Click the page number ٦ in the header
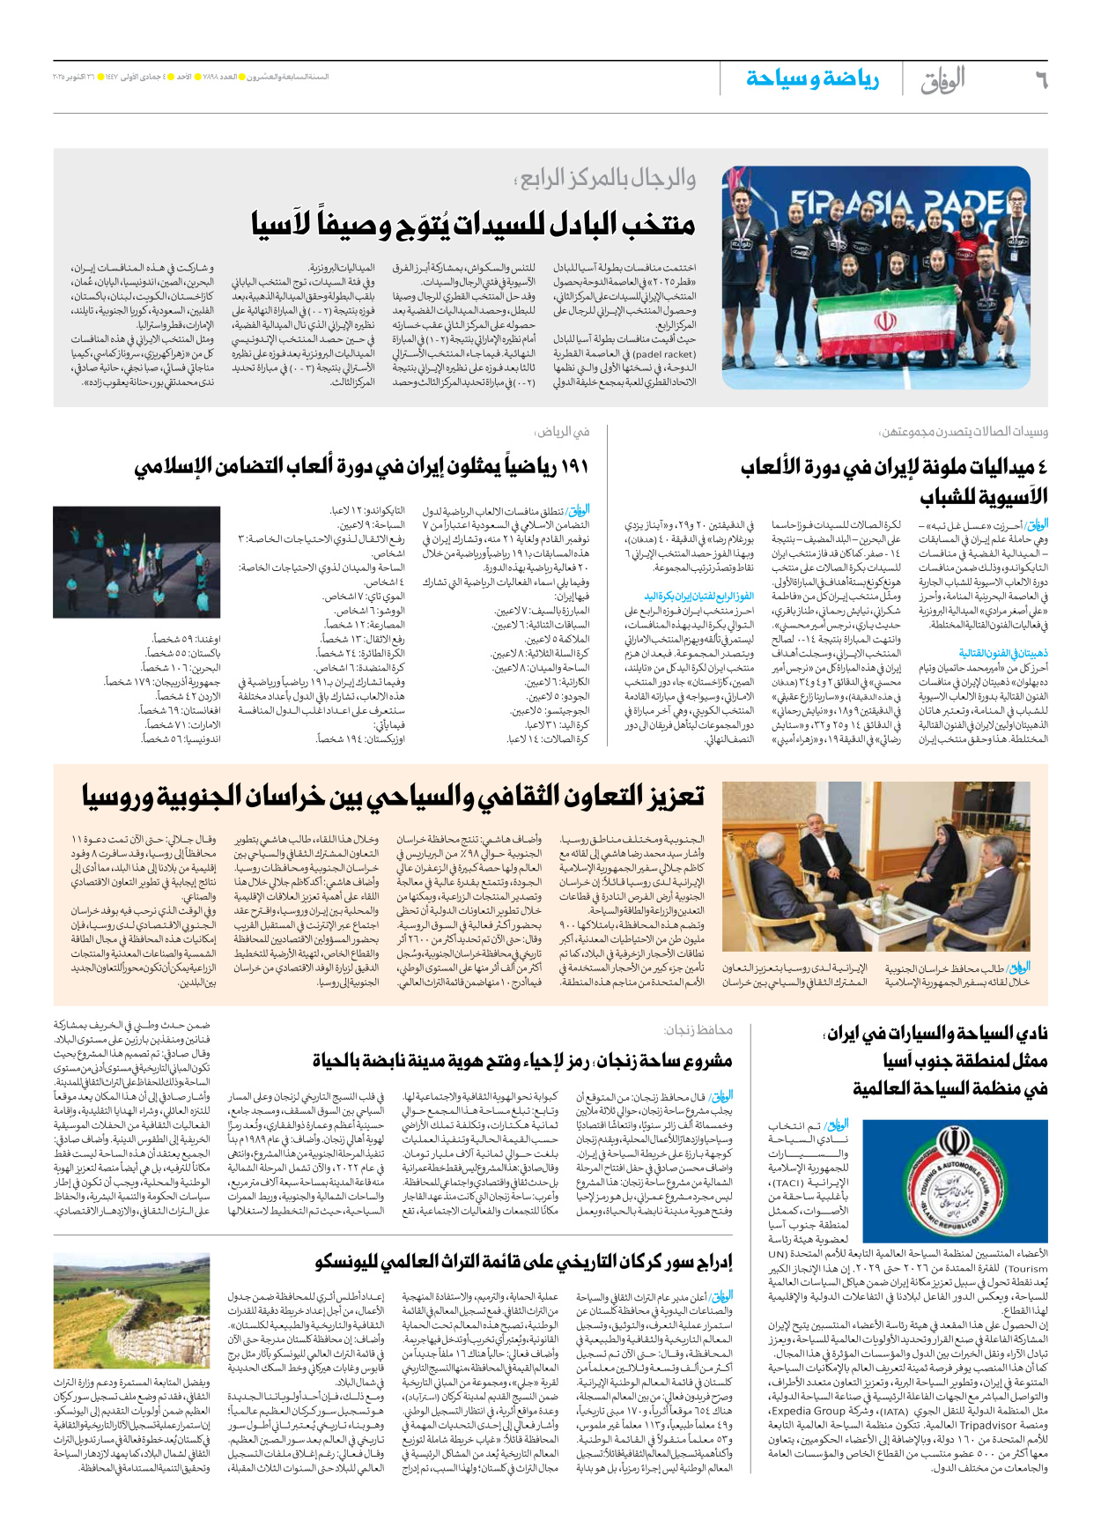pyautogui.click(x=1040, y=80)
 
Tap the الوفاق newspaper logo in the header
pyautogui.click(x=942, y=80)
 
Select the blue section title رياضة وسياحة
pyautogui.click(x=812, y=79)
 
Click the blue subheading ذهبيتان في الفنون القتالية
pyautogui.click(x=1003, y=653)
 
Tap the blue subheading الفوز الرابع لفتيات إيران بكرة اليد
pyautogui.click(x=698, y=596)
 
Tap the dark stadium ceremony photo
pyautogui.click(x=137, y=562)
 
